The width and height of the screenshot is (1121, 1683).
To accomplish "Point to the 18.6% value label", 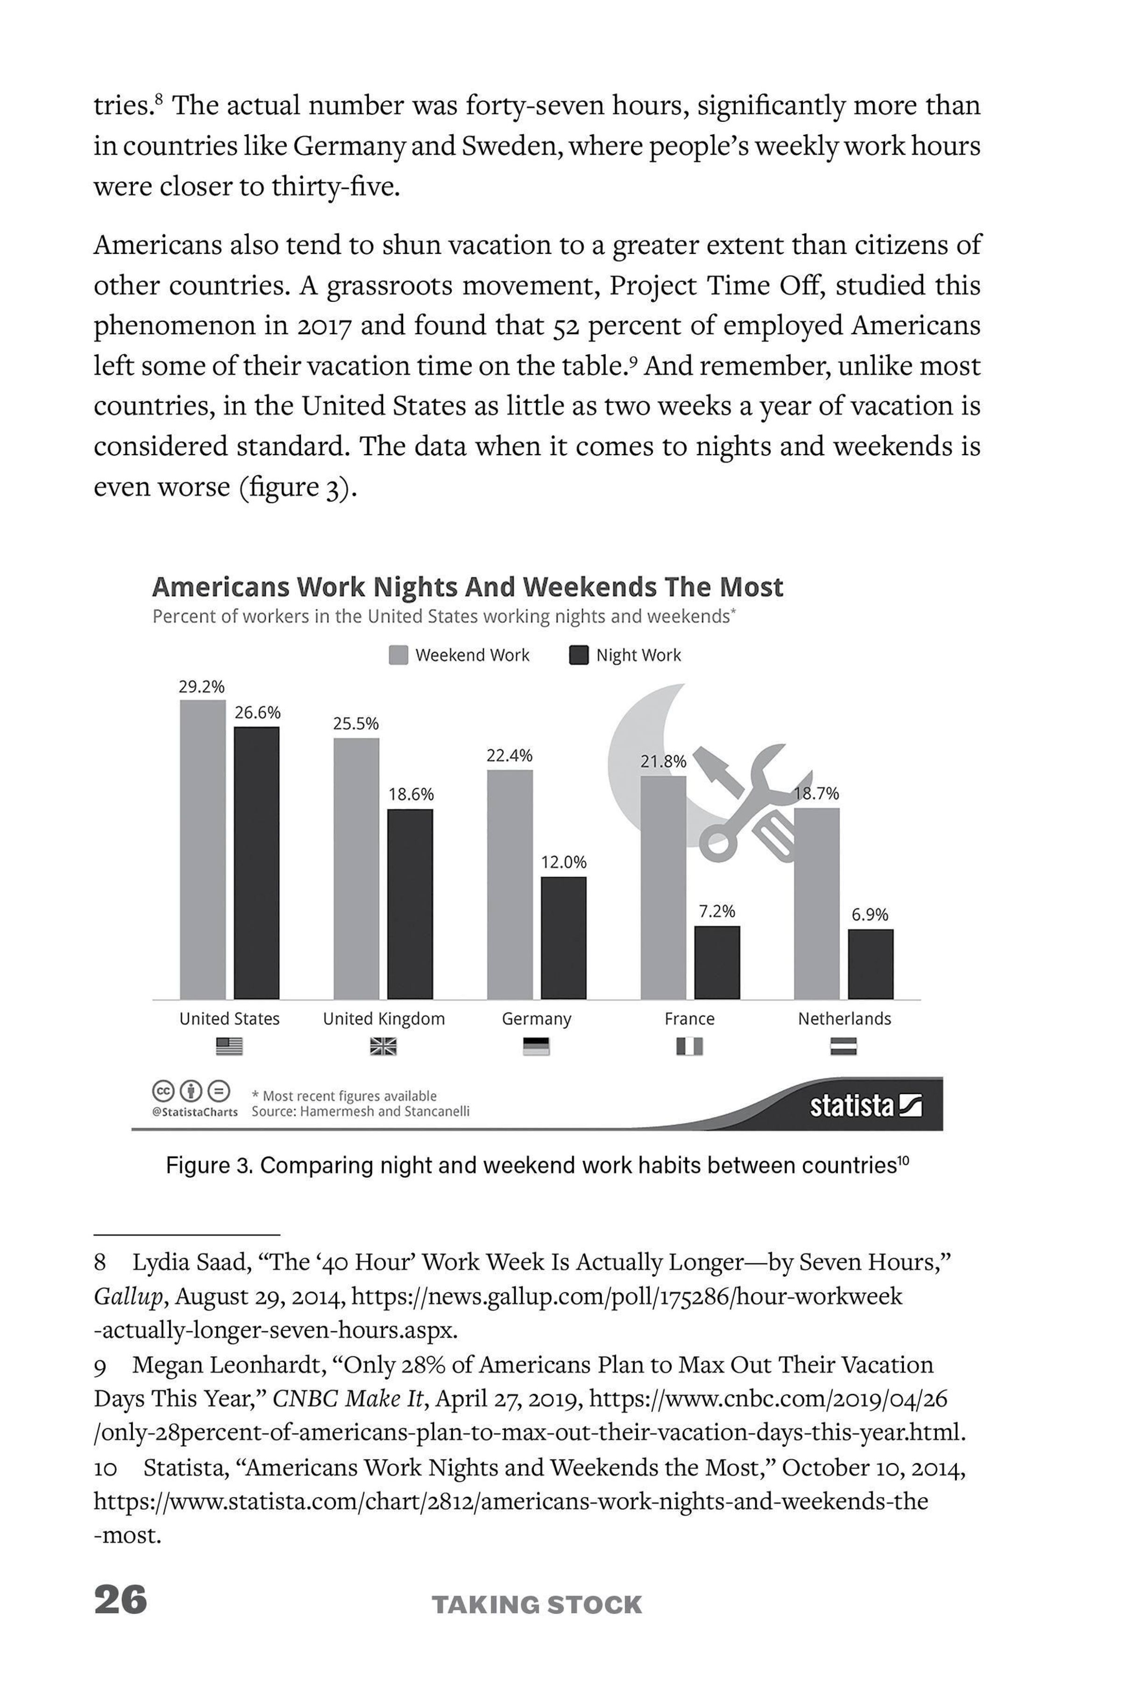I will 411,795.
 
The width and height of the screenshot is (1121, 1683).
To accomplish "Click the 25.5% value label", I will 356,723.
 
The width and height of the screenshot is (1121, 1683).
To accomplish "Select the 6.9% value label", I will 870,914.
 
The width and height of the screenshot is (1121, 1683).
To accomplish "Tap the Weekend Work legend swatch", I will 398,655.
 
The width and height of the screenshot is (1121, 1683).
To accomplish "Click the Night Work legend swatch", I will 578,655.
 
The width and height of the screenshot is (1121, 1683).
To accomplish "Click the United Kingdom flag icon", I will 383,1046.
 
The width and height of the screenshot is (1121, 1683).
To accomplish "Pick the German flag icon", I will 536,1046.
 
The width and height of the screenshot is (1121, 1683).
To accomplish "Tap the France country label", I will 689,1018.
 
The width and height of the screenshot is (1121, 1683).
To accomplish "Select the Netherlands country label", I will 844,1018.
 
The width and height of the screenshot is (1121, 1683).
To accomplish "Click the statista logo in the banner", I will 865,1107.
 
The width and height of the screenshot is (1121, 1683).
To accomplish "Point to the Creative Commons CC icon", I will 164,1091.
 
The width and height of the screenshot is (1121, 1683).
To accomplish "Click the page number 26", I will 120,1599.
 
